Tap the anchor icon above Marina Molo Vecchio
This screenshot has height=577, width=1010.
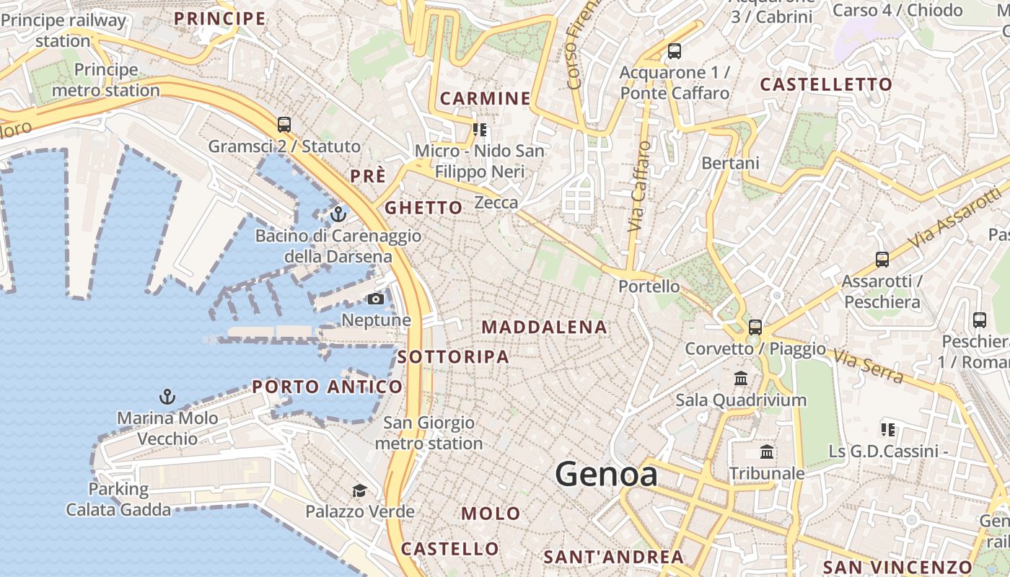click(x=167, y=396)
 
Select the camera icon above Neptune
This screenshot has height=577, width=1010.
click(x=375, y=299)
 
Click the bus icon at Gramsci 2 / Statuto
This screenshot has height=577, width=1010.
click(x=284, y=124)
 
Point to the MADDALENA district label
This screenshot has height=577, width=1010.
click(x=544, y=327)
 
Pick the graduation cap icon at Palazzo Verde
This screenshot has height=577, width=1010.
click(x=359, y=491)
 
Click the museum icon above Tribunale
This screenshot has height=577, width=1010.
click(x=767, y=452)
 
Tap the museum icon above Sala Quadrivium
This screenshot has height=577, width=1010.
click(x=741, y=378)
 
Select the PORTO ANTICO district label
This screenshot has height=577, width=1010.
click(x=327, y=387)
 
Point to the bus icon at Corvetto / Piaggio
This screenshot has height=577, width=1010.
click(x=755, y=327)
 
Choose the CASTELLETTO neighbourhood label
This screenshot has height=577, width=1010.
click(x=826, y=84)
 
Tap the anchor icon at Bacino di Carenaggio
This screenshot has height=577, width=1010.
click(x=338, y=214)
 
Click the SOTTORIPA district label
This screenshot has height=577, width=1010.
click(x=453, y=357)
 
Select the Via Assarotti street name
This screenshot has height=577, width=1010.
click(x=956, y=213)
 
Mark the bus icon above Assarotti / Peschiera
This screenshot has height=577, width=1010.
click(x=882, y=260)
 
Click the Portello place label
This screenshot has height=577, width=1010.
click(x=649, y=286)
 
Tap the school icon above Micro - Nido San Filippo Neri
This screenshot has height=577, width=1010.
click(x=480, y=130)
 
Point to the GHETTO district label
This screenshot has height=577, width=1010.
click(x=423, y=208)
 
